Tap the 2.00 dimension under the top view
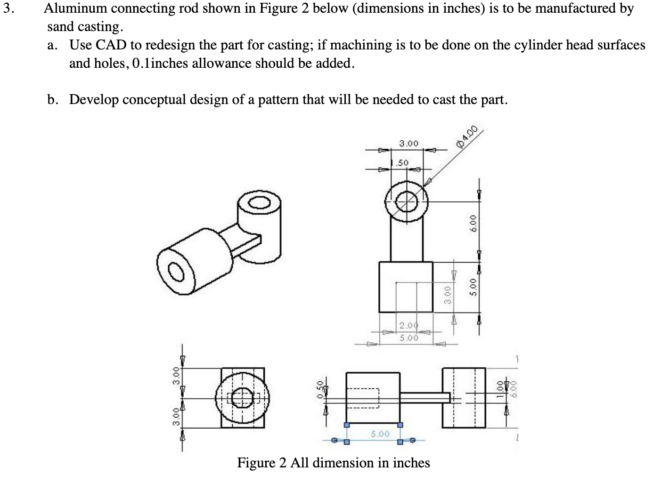pos(408,326)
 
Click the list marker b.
pos(53,100)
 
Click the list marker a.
pos(53,45)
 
